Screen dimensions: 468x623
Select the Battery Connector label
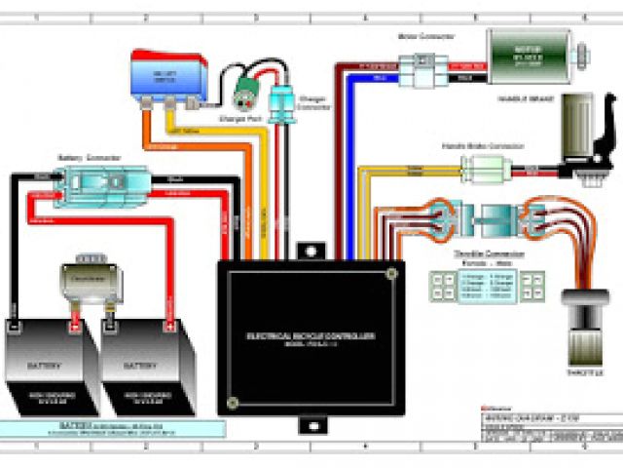click(82, 158)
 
